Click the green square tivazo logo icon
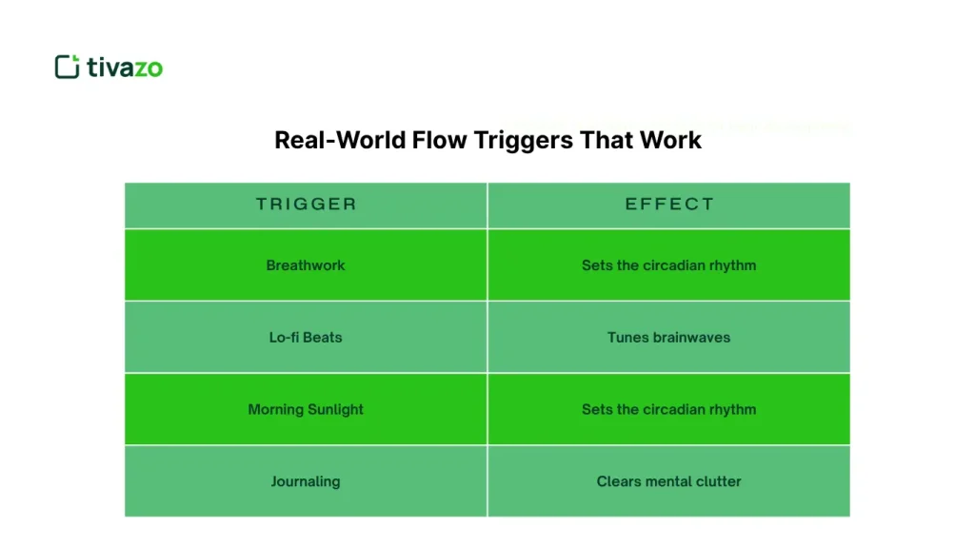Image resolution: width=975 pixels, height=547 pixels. point(67,67)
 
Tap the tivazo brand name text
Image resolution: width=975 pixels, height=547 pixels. point(125,67)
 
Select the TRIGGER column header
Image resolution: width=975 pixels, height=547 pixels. point(306,204)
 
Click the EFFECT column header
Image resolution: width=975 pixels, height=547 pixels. point(669,204)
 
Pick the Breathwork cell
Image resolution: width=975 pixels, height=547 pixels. point(306,265)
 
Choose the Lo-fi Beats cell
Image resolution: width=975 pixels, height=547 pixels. point(306,337)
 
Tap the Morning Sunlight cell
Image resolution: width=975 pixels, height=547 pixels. point(306,409)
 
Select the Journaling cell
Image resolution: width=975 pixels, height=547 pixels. point(306,481)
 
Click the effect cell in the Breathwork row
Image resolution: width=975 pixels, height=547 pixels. point(669,265)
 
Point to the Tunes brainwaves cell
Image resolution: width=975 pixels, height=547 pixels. point(669,337)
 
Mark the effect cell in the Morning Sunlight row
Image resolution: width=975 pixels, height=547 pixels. point(669,409)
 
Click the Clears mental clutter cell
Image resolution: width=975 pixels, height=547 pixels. point(669,481)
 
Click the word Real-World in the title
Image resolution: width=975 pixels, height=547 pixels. point(339,140)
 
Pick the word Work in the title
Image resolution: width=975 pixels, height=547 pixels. point(671,140)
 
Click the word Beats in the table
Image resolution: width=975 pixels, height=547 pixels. point(322,337)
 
